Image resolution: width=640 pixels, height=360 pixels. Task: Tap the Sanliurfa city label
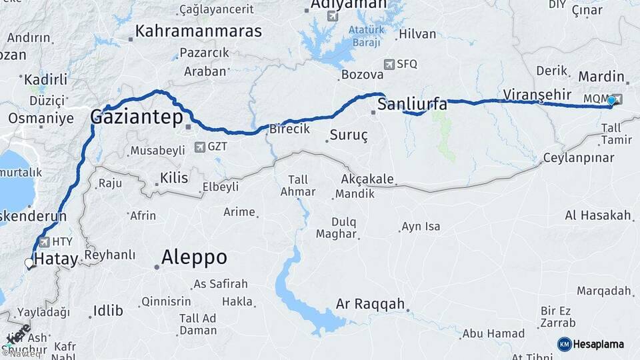[x=412, y=105]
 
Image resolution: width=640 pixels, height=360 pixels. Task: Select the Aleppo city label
[x=194, y=257]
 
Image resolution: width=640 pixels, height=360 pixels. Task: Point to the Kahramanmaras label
[x=199, y=31]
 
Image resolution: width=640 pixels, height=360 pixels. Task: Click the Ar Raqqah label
[x=370, y=304]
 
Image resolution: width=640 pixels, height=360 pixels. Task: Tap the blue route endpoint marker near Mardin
[x=611, y=100]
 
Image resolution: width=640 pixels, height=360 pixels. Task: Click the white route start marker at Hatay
[x=29, y=263]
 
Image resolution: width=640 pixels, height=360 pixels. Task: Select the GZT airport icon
[x=200, y=147]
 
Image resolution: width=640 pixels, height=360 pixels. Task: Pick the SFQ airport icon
[x=389, y=65]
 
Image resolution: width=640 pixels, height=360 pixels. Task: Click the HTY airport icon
[x=44, y=242]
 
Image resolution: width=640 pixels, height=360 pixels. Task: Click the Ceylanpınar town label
[x=578, y=158]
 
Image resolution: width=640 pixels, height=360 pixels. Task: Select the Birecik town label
[x=289, y=129]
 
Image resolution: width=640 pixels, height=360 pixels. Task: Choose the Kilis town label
[x=173, y=178]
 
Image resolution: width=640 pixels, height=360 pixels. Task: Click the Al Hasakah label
[x=597, y=215]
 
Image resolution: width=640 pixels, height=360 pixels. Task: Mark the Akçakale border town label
[x=367, y=179]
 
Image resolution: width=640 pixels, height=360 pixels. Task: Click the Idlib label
[x=108, y=310]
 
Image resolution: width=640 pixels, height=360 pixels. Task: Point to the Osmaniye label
[x=41, y=118]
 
